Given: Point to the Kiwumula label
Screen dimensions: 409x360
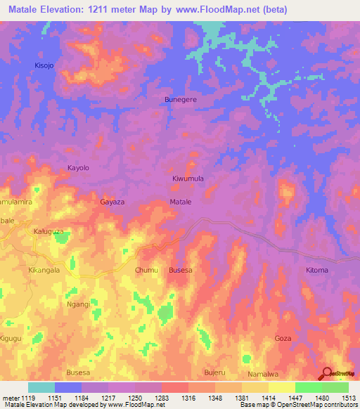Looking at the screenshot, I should pyautogui.click(x=188, y=178).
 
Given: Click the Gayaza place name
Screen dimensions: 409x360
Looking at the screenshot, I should pyautogui.click(x=112, y=202).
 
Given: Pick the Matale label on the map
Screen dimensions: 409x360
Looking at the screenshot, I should pyautogui.click(x=181, y=202).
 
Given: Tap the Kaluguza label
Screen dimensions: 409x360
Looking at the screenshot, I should pyautogui.click(x=49, y=231).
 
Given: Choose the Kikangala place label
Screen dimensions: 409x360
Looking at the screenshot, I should pyautogui.click(x=44, y=270).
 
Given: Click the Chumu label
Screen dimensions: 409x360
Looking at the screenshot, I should pyautogui.click(x=146, y=270).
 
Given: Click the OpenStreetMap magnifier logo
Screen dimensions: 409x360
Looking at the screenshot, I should pyautogui.click(x=327, y=372).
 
